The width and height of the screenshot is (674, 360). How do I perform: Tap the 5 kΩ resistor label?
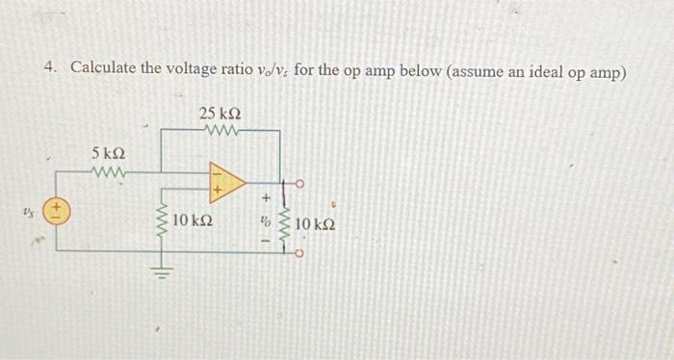coord(107,155)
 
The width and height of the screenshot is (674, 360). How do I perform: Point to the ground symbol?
coord(162,271)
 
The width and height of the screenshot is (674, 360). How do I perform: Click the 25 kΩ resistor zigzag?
coord(220,131)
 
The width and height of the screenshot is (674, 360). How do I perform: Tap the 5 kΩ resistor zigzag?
coord(106,173)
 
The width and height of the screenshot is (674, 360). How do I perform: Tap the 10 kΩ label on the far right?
coord(316,225)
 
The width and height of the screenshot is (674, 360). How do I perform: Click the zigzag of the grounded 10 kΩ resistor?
coord(162,220)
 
